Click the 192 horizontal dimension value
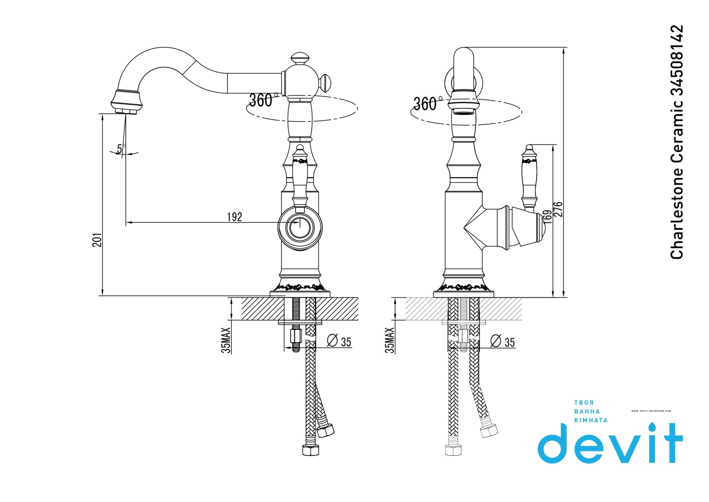[234, 217]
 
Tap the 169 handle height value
[547, 217]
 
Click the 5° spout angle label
[121, 148]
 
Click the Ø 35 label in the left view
[339, 341]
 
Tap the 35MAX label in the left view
[226, 340]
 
